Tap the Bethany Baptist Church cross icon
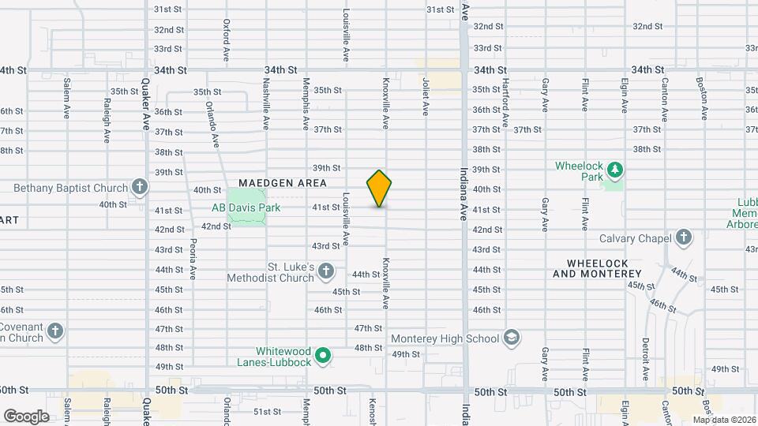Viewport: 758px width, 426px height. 140,188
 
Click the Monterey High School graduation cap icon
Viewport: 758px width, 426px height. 511,338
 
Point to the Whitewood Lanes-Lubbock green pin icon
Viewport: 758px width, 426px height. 322,357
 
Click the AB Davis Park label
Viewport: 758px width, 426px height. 240,207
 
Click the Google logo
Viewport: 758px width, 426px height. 26,416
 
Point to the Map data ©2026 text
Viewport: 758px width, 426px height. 723,420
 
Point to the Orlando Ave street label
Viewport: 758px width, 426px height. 212,124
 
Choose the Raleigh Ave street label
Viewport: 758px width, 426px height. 107,120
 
